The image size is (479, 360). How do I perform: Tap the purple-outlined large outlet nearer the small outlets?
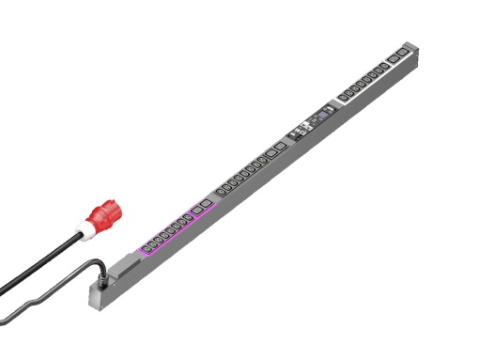(194, 213)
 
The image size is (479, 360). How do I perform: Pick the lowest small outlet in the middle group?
(219, 193)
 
